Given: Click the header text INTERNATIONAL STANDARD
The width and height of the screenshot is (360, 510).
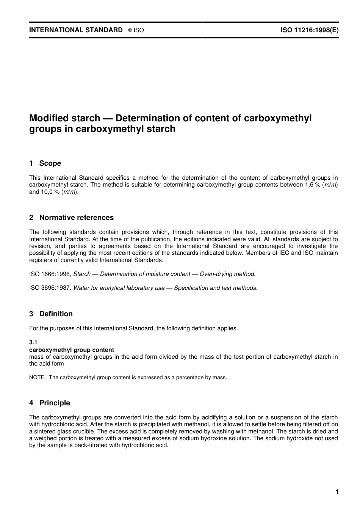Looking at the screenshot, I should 76,30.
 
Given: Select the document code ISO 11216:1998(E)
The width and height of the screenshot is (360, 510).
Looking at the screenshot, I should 309,30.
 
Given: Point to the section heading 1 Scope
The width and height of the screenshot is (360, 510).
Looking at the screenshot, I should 45,163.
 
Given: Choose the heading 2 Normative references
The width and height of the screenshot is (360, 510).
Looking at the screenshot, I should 71,218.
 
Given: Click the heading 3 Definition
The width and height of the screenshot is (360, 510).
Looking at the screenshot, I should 51,314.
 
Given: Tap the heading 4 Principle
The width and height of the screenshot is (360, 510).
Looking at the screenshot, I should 50,403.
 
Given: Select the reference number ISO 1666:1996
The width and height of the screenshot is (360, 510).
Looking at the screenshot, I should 50,274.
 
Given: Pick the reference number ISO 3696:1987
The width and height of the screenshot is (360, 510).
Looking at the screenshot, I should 50,288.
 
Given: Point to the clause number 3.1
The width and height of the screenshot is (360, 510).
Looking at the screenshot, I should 33,342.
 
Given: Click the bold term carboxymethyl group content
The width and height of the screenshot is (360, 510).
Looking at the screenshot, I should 72,350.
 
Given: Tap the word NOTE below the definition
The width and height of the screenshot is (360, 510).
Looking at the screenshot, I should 37,377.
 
